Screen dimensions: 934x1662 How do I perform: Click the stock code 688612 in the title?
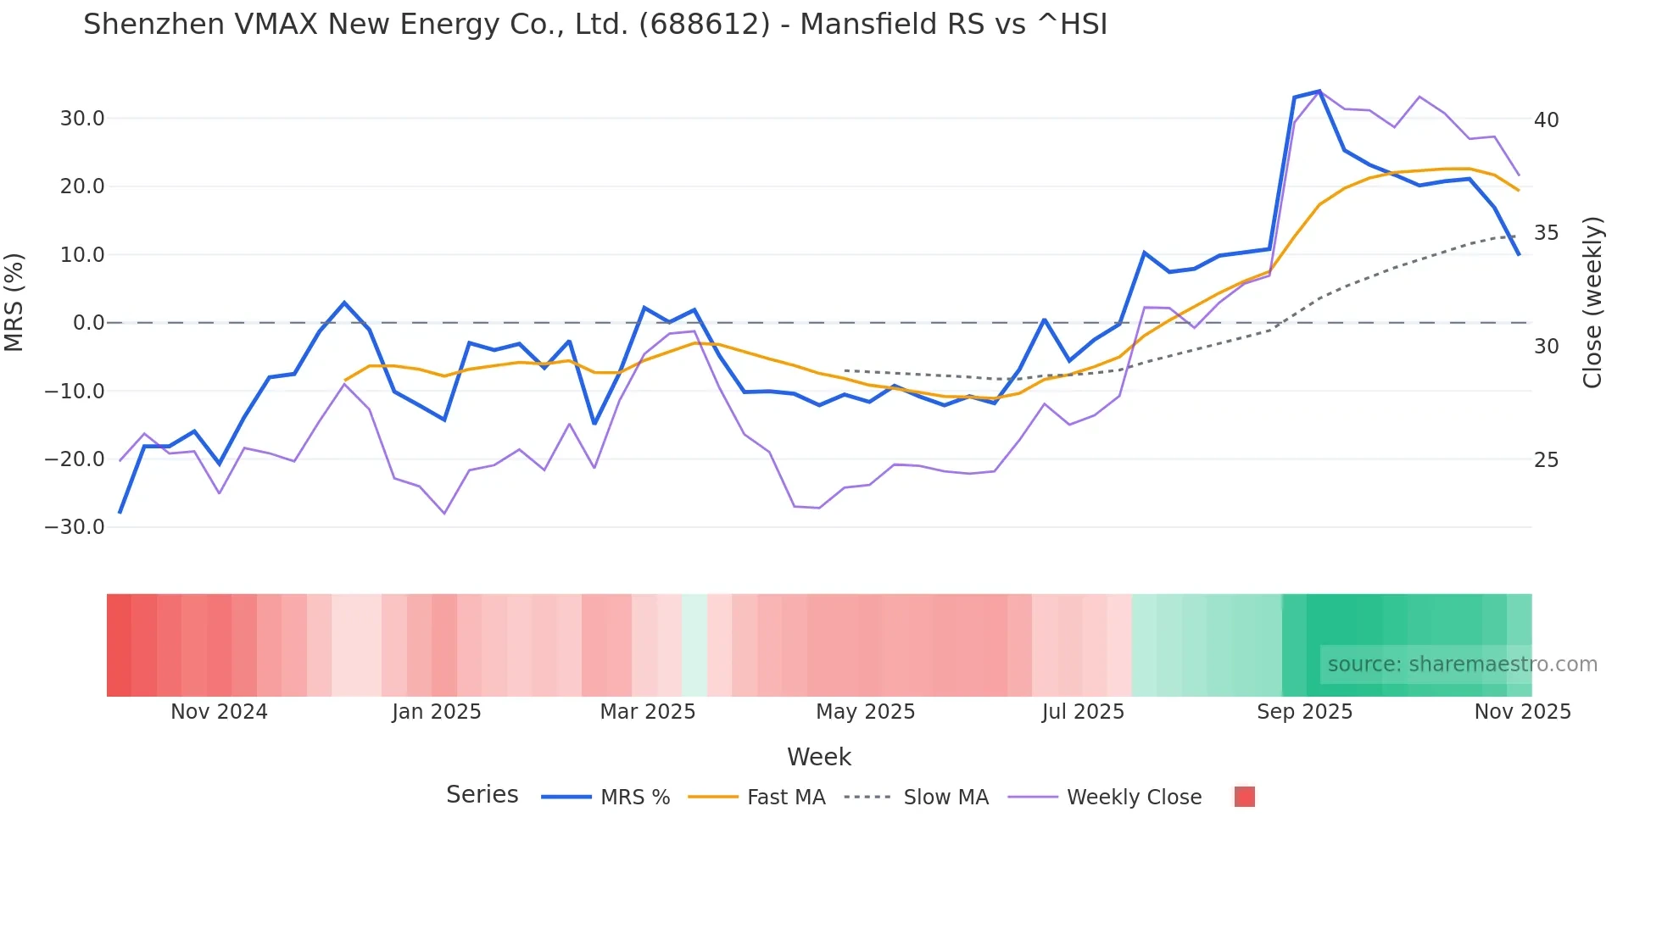[705, 25]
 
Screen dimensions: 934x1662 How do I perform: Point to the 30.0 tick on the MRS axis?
[82, 119]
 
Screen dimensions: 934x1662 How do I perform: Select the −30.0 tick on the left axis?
[75, 527]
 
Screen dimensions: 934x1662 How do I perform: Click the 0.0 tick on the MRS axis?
[89, 323]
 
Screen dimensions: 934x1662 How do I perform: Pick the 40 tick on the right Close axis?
[1546, 120]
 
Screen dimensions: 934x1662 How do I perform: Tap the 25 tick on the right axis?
[1546, 460]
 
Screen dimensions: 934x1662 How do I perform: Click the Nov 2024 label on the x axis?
[219, 712]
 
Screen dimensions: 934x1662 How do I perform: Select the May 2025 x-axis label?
[865, 712]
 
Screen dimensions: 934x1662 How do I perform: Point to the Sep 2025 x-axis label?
[1304, 712]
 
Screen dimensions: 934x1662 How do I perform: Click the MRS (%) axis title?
[14, 303]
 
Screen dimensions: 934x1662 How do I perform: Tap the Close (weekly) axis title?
[1592, 303]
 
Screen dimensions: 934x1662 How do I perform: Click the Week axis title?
[818, 757]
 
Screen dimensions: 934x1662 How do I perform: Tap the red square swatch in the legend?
[1244, 797]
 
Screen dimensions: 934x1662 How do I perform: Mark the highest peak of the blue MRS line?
[1319, 91]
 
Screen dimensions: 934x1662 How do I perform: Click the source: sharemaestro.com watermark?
[1462, 664]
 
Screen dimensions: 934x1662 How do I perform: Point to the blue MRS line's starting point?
[120, 513]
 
